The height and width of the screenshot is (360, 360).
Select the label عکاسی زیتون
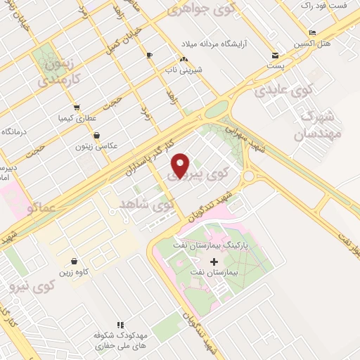pyautogui.click(x=98, y=146)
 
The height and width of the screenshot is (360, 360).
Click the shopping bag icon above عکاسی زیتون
pyautogui.click(x=96, y=135)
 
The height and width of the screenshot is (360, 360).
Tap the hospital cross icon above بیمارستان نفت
pyautogui.click(x=214, y=262)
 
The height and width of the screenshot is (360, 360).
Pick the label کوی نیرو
pyautogui.click(x=33, y=286)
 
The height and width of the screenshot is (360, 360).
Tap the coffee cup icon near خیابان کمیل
pyautogui.click(x=149, y=55)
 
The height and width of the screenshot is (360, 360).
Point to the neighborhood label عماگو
pyautogui.click(x=44, y=208)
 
